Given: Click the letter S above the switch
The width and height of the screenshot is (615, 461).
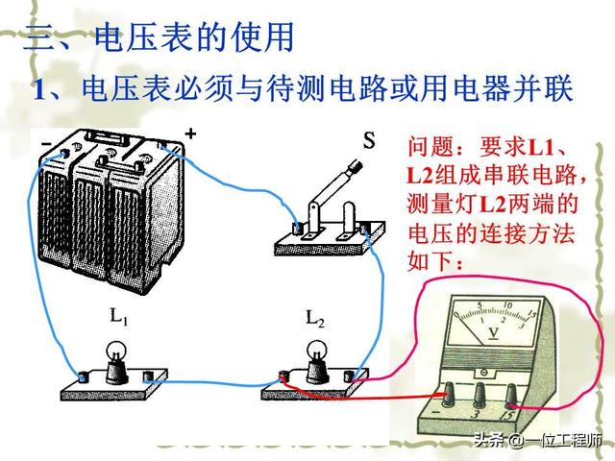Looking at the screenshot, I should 368,142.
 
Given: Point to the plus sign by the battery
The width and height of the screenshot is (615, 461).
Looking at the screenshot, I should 190,133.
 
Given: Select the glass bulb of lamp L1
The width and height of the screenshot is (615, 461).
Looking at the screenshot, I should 116,353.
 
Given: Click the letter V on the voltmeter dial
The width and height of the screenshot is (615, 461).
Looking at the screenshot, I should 491,333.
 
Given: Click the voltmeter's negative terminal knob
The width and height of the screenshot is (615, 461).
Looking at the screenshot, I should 449,394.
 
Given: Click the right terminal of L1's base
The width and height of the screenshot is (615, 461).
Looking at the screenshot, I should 148,376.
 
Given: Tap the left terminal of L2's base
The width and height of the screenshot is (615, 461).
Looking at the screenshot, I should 283,378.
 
